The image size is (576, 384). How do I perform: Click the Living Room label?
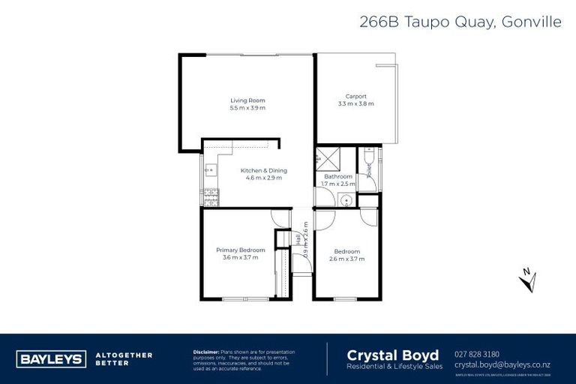click(x=247, y=100)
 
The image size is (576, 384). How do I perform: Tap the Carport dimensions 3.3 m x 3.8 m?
click(x=355, y=103)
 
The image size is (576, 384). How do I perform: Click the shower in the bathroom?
click(x=327, y=158)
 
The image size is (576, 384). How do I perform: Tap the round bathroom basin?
click(x=345, y=199)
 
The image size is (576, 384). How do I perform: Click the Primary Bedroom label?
click(x=240, y=250)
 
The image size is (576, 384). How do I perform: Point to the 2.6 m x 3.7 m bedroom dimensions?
click(x=346, y=259)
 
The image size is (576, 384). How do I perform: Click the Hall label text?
click(x=298, y=238)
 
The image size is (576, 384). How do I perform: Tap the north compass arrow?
click(x=527, y=279)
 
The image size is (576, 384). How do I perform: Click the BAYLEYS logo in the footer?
click(x=51, y=359)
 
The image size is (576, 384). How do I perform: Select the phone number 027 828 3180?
click(x=477, y=354)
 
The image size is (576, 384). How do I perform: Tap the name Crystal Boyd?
click(x=392, y=354)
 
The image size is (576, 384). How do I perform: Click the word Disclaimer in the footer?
click(x=205, y=351)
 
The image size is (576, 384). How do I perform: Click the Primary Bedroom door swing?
click(x=280, y=218)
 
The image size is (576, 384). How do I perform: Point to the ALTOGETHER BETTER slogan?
click(x=124, y=358)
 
